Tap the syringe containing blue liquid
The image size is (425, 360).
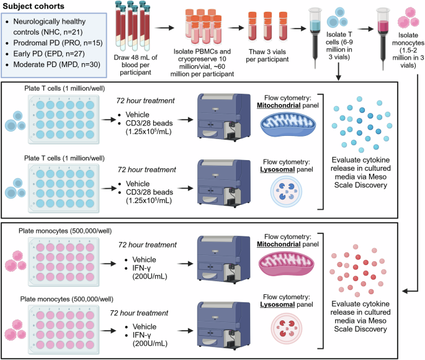315,28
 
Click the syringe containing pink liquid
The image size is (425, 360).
385,28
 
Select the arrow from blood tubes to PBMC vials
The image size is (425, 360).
163,27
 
